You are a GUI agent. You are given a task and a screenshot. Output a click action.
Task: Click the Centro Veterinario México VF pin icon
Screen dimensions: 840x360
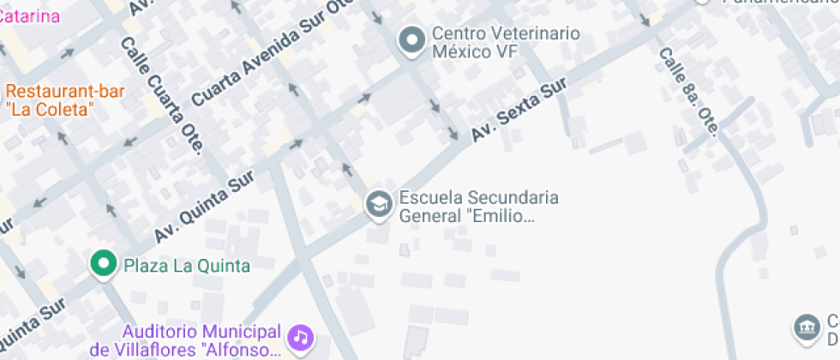click(413, 40)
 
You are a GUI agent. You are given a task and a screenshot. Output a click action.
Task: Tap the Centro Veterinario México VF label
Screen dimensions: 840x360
click(506, 42)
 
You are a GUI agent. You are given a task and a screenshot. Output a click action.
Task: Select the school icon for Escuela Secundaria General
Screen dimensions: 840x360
click(377, 204)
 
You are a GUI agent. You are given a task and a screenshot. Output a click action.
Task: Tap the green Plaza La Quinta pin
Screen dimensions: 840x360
click(105, 263)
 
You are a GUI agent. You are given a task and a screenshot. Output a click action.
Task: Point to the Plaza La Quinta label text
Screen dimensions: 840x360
click(187, 266)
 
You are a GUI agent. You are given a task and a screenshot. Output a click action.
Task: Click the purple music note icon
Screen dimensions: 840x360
click(300, 337)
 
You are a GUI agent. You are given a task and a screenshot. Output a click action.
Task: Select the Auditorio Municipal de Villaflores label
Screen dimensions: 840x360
click(201, 340)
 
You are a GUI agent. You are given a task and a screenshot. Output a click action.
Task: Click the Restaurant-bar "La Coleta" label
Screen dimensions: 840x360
click(65, 100)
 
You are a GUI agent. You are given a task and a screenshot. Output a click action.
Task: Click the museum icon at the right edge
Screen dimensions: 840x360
click(806, 327)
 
